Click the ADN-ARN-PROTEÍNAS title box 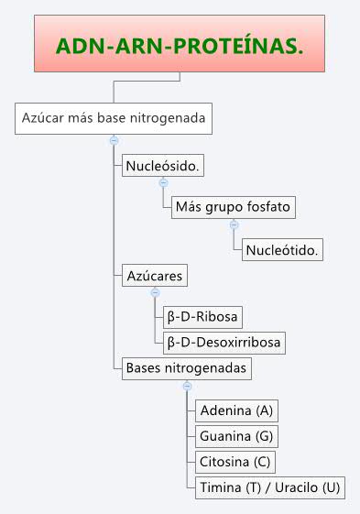coord(180,45)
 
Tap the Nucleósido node coord(163,167)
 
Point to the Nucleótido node coord(284,249)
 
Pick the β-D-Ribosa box coord(202,317)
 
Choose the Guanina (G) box coord(237,435)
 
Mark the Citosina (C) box coord(236,461)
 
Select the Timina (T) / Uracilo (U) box coord(269,487)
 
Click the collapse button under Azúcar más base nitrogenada coord(114,140)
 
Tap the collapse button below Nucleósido coord(163,183)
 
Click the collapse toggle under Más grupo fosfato coord(234,224)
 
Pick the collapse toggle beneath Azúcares coord(155,292)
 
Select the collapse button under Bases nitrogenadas coord(186,386)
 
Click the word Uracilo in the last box coord(306,487)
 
